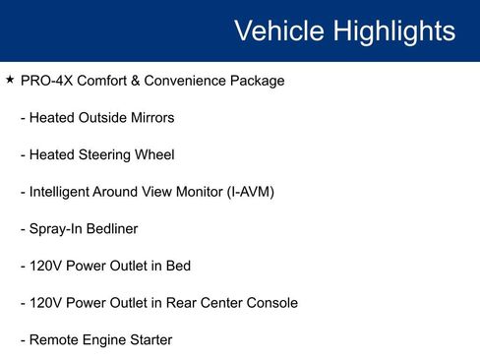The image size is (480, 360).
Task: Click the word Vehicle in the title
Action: pyautogui.click(x=279, y=30)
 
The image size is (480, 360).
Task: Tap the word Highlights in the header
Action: pyautogui.click(x=394, y=31)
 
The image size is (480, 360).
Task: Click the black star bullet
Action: pyautogui.click(x=10, y=79)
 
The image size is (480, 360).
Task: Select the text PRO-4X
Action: pyautogui.click(x=46, y=81)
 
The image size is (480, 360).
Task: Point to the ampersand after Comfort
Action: pyautogui.click(x=136, y=81)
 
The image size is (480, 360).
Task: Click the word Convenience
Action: pyautogui.click(x=185, y=81)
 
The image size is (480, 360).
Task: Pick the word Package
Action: pyautogui.click(x=257, y=82)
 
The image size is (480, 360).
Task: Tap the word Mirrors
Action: pyautogui.click(x=152, y=118)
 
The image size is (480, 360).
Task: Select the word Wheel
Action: pyautogui.click(x=154, y=154)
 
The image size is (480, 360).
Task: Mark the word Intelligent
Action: pyautogui.click(x=59, y=193)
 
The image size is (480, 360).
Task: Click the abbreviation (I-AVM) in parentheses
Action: pyautogui.click(x=251, y=192)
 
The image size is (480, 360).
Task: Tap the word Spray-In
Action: pyautogui.click(x=56, y=229)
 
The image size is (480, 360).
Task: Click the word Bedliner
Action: pyautogui.click(x=112, y=228)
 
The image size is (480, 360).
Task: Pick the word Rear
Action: pyautogui.click(x=181, y=303)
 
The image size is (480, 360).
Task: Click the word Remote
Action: pyautogui.click(x=54, y=339)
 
